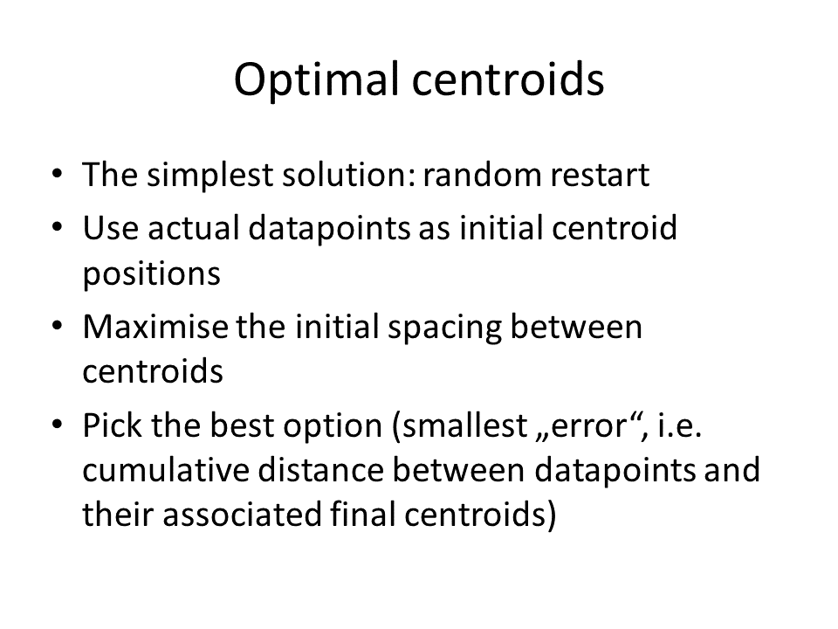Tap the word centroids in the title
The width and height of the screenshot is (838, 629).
(508, 79)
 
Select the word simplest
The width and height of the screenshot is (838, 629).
(209, 176)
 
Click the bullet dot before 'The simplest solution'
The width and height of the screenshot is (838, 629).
(58, 174)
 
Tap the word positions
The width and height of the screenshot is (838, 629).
(151, 274)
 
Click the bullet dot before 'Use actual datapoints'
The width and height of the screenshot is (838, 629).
(58, 227)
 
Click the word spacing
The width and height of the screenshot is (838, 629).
(444, 328)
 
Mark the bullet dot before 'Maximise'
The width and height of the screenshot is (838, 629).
(58, 325)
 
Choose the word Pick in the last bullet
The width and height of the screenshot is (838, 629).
(113, 425)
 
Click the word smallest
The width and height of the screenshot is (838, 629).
(464, 425)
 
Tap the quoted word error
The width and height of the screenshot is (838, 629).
(587, 427)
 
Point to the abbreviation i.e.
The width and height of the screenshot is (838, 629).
(679, 425)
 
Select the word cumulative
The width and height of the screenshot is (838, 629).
(166, 471)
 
